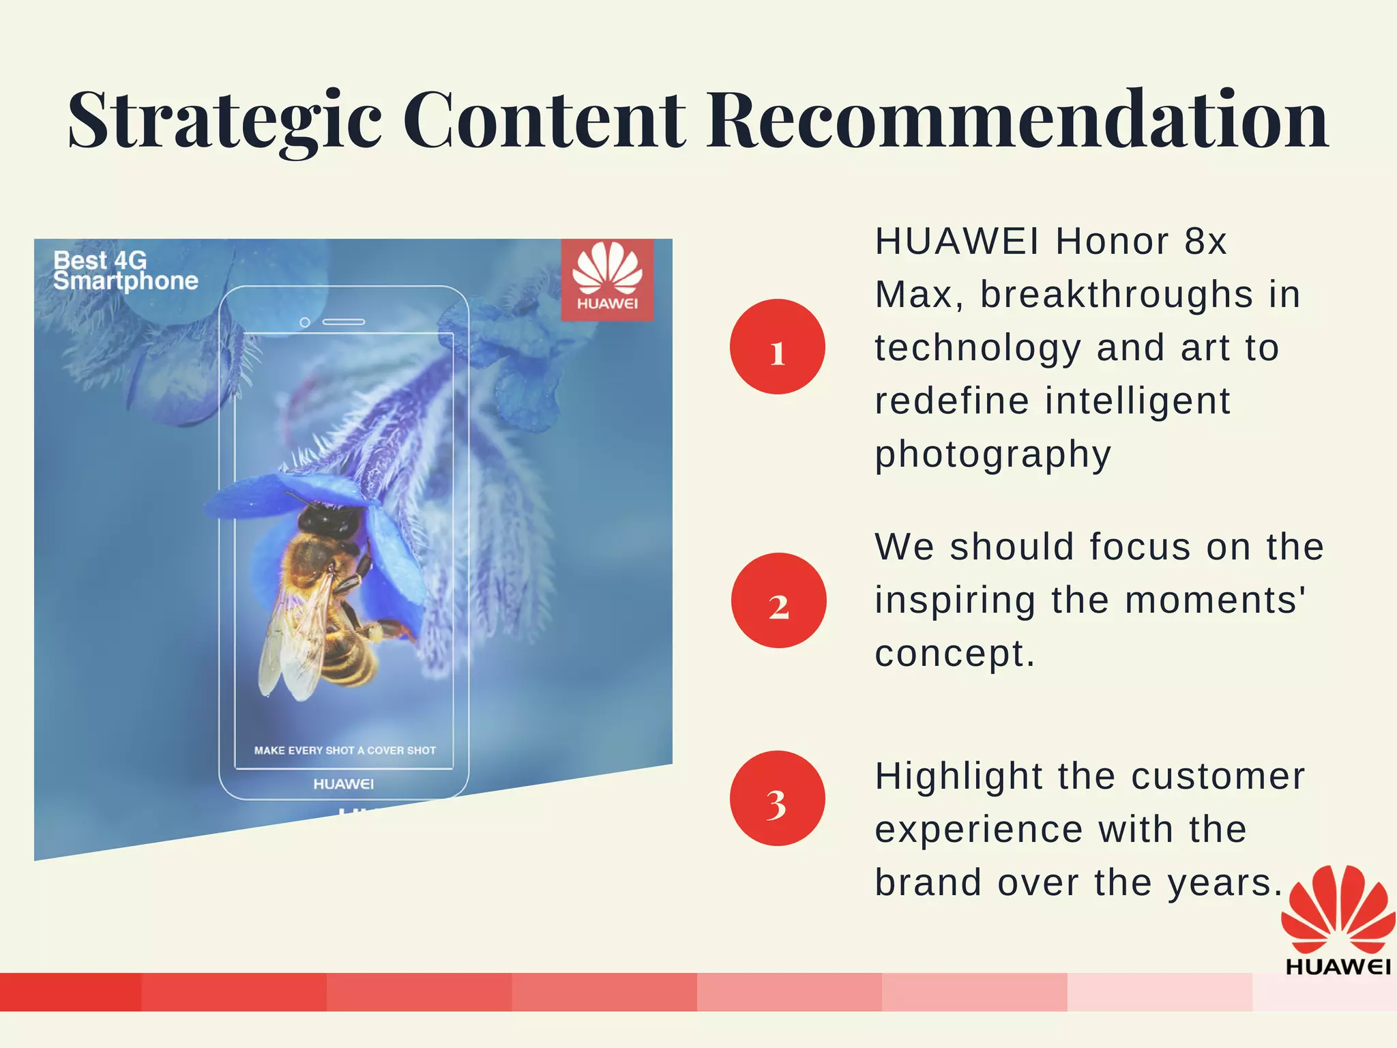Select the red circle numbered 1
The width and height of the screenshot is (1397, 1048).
click(x=777, y=347)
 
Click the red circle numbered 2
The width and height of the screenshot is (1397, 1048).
click(x=778, y=600)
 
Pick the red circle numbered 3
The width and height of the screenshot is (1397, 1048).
click(x=777, y=798)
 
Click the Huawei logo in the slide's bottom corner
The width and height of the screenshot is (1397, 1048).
click(x=1337, y=918)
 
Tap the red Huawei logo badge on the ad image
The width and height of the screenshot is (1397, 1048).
click(x=607, y=279)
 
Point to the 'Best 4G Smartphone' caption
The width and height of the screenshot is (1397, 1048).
click(x=126, y=270)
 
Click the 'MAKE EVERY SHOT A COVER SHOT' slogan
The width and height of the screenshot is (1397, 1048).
click(x=344, y=751)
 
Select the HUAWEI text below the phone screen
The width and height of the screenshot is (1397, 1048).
click(x=343, y=784)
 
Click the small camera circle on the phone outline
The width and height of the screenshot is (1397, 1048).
click(x=305, y=322)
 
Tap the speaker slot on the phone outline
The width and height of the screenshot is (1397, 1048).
click(x=344, y=322)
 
